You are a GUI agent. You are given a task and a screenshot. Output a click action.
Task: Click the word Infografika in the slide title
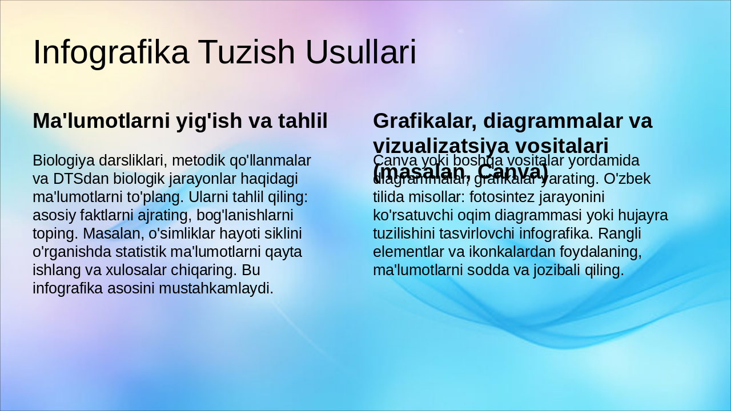(x=111, y=52)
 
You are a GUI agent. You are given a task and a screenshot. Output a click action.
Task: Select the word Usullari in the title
(x=361, y=52)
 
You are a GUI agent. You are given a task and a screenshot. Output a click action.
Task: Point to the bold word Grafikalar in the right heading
(x=420, y=121)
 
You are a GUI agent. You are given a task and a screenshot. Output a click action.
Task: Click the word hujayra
(x=644, y=215)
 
